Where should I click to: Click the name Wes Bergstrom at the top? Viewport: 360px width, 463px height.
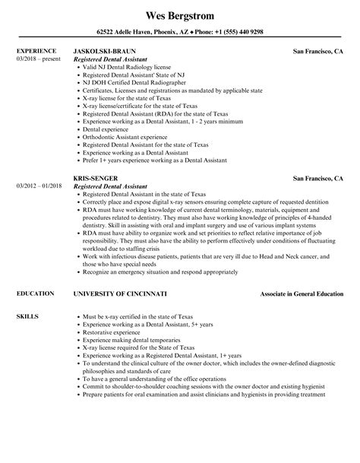[x=180, y=15]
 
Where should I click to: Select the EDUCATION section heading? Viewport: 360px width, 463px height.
[x=34, y=271]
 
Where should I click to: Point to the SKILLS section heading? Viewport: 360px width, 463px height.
[x=27, y=293]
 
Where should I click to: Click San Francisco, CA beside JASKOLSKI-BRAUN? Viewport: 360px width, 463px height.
[x=318, y=51]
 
